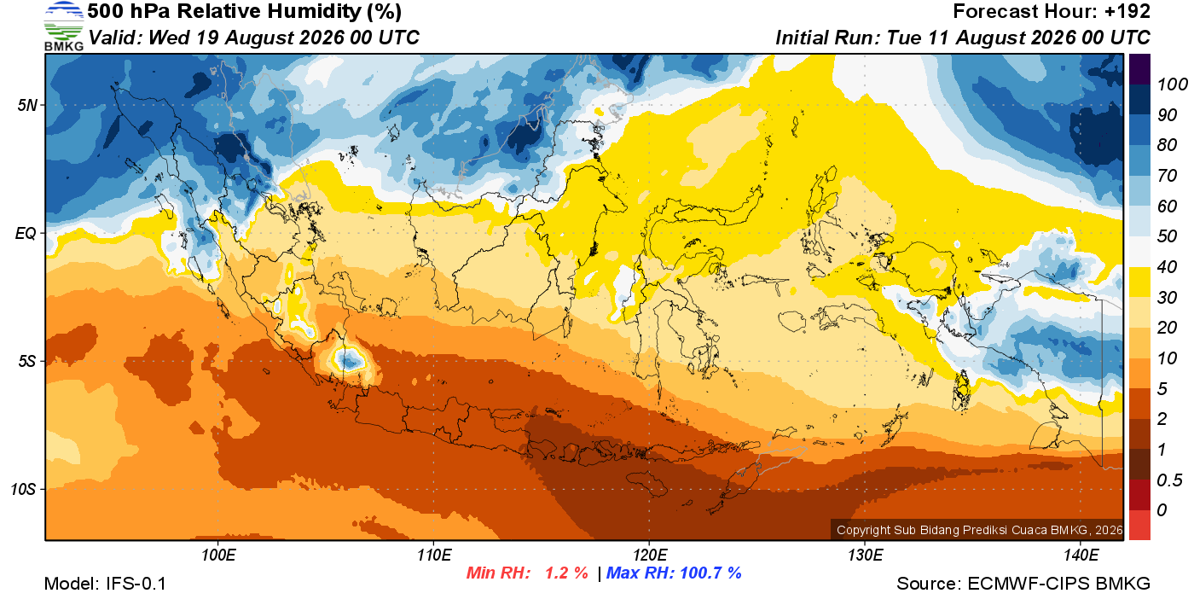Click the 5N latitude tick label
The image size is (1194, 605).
[27, 105]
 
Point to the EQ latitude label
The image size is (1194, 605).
[26, 233]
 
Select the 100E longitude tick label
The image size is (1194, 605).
[218, 555]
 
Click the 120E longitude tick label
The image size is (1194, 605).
[649, 555]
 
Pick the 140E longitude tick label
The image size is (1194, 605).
[1081, 555]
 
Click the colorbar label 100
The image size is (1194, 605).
[1172, 84]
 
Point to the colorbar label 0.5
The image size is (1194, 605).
[1169, 480]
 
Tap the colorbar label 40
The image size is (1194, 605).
[1167, 267]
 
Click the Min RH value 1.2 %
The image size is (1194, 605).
[566, 573]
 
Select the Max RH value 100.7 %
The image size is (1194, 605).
[710, 573]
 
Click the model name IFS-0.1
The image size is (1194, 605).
[136, 584]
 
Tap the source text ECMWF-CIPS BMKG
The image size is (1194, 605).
[1058, 584]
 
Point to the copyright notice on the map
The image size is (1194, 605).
[979, 530]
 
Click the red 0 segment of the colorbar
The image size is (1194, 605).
[1139, 526]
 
